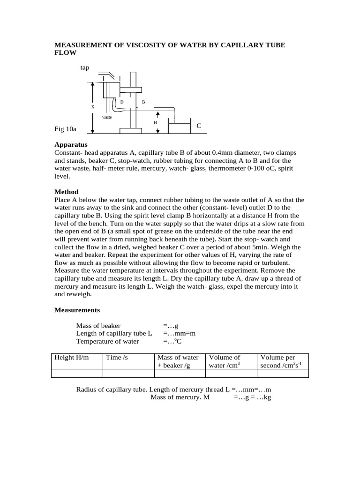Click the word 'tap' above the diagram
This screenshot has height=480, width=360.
(84, 68)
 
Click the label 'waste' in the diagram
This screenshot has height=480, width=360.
(107, 117)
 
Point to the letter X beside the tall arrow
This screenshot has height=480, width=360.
(92, 107)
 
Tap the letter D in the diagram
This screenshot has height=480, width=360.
(122, 102)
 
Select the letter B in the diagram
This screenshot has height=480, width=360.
(143, 102)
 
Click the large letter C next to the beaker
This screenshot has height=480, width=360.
(199, 126)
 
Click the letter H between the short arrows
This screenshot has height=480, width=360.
(155, 122)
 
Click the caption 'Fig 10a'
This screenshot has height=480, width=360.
(65, 128)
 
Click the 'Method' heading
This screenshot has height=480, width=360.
(67, 192)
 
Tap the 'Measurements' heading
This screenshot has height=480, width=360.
(77, 310)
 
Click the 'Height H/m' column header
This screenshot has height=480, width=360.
(71, 357)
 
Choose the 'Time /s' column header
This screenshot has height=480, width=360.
(117, 357)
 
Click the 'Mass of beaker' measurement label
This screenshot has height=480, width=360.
(98, 325)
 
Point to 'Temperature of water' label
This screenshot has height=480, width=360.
(107, 341)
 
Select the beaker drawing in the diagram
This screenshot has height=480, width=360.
(179, 128)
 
